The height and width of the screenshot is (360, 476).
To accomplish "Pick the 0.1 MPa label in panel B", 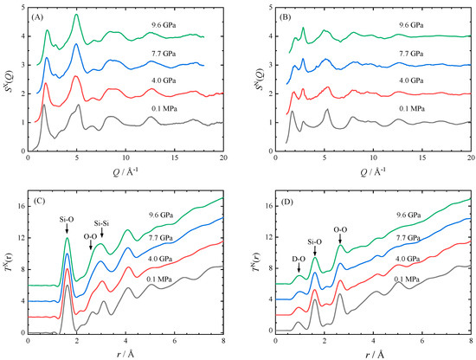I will pyautogui.click(x=402, y=112).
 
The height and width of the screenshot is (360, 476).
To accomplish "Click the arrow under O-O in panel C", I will pyautogui.click(x=91, y=247).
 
